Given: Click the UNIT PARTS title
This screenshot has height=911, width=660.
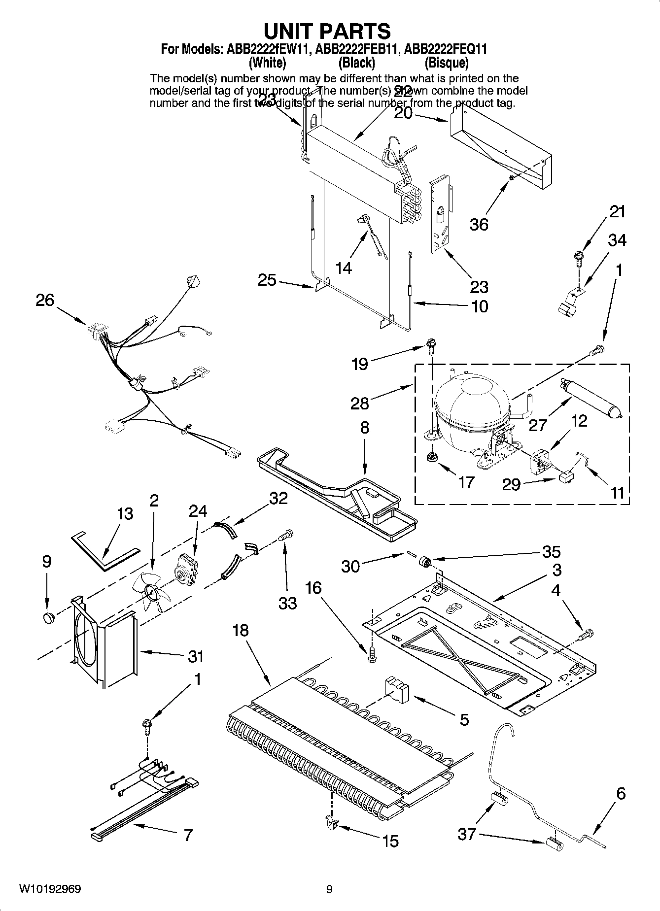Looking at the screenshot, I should click(x=327, y=31).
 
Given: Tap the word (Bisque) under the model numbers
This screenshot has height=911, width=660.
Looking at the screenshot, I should click(x=446, y=63).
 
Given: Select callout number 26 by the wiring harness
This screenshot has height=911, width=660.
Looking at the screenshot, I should click(x=45, y=300).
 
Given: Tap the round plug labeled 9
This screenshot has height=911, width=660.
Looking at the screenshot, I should click(x=48, y=618).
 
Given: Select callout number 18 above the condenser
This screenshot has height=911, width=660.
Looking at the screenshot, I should click(x=241, y=630).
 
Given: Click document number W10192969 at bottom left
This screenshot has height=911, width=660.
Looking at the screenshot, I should click(x=50, y=889).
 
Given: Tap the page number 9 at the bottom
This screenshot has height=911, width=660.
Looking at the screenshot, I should click(x=329, y=889).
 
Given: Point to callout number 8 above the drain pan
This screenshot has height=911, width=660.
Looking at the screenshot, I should click(x=364, y=427).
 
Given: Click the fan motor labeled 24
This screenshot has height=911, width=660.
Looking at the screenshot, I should click(x=186, y=568).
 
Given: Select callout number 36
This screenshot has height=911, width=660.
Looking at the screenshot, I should click(x=479, y=224).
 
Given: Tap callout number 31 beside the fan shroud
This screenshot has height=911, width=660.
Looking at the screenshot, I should click(x=196, y=656).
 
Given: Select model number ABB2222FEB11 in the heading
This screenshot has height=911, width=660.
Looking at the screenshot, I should click(x=356, y=50).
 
